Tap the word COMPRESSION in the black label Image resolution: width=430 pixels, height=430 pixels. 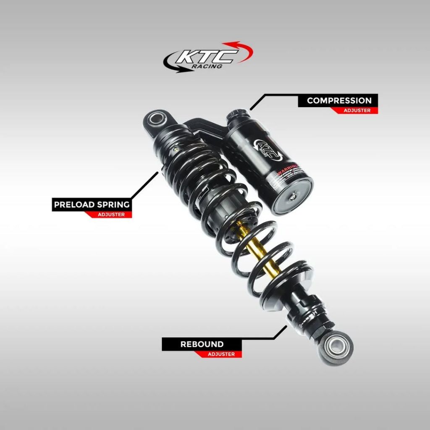point(339,100)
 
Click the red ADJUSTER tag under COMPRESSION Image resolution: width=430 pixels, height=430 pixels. point(357,110)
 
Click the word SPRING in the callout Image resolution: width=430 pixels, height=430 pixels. point(113,205)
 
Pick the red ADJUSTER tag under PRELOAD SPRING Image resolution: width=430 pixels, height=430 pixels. point(111,215)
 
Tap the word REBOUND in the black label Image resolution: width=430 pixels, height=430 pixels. point(202,344)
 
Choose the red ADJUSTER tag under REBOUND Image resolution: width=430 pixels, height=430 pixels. point(221,354)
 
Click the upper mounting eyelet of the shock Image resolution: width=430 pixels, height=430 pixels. point(157,118)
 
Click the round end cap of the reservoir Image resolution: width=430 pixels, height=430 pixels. point(293,196)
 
